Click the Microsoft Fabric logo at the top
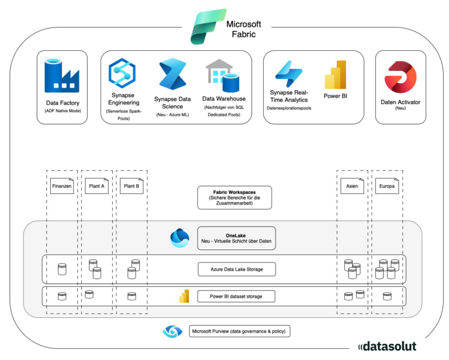(x=208, y=27)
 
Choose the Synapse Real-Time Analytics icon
(x=288, y=74)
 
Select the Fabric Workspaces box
(x=234, y=197)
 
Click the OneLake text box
(x=236, y=238)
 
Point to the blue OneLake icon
(x=179, y=238)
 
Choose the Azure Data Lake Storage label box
(x=236, y=269)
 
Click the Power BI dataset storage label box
(x=236, y=296)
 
